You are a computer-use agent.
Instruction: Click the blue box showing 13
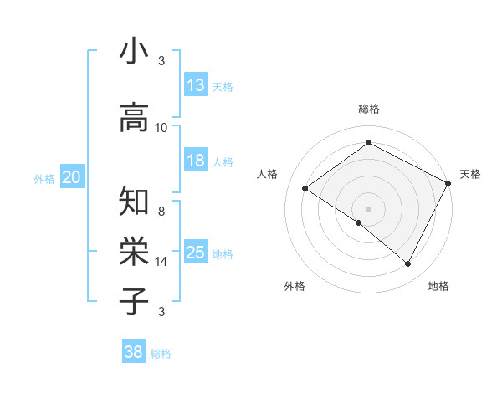(x=196, y=85)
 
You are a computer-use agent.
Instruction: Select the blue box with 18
(x=196, y=161)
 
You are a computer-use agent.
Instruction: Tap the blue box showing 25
(x=196, y=253)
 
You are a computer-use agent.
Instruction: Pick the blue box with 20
(x=72, y=176)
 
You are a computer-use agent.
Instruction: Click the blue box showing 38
(x=134, y=352)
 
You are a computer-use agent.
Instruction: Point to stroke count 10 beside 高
(x=161, y=128)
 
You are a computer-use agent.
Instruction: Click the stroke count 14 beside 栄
(x=161, y=262)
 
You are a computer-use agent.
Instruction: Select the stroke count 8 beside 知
(x=161, y=212)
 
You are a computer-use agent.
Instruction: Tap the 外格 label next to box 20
(x=44, y=178)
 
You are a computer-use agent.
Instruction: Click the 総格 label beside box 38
(x=161, y=354)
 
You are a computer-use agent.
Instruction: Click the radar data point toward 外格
(x=359, y=222)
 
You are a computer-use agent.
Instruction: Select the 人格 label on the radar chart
(x=268, y=174)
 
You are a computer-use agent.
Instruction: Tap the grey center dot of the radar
(x=368, y=207)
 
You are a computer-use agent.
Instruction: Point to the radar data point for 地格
(x=408, y=264)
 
